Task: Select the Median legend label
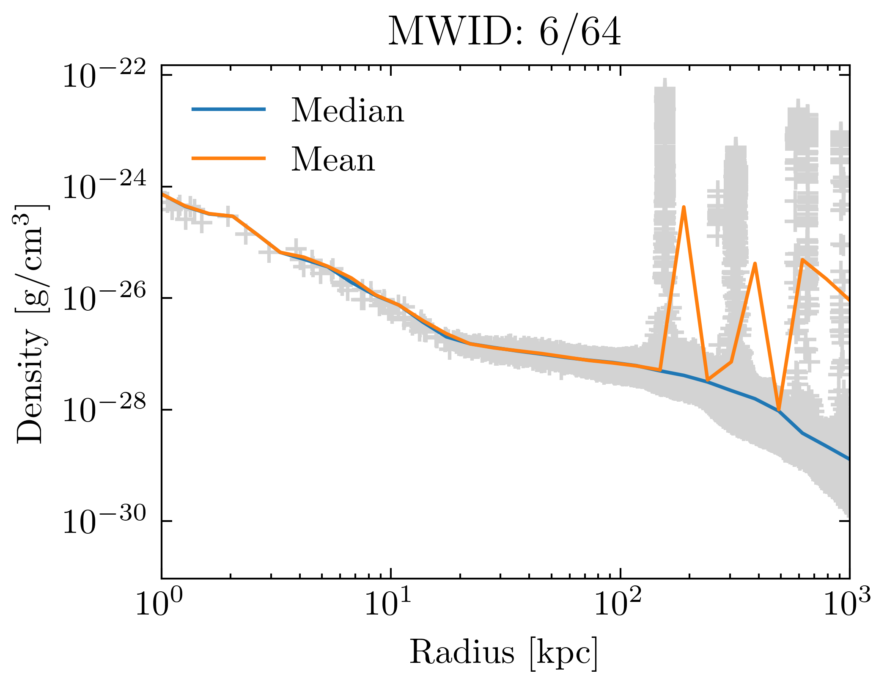347,111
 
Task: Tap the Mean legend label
333,160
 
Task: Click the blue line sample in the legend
228,109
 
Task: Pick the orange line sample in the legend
228,158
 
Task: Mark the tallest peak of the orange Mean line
684,207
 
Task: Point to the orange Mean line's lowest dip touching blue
779,410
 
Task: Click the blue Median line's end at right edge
848,459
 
